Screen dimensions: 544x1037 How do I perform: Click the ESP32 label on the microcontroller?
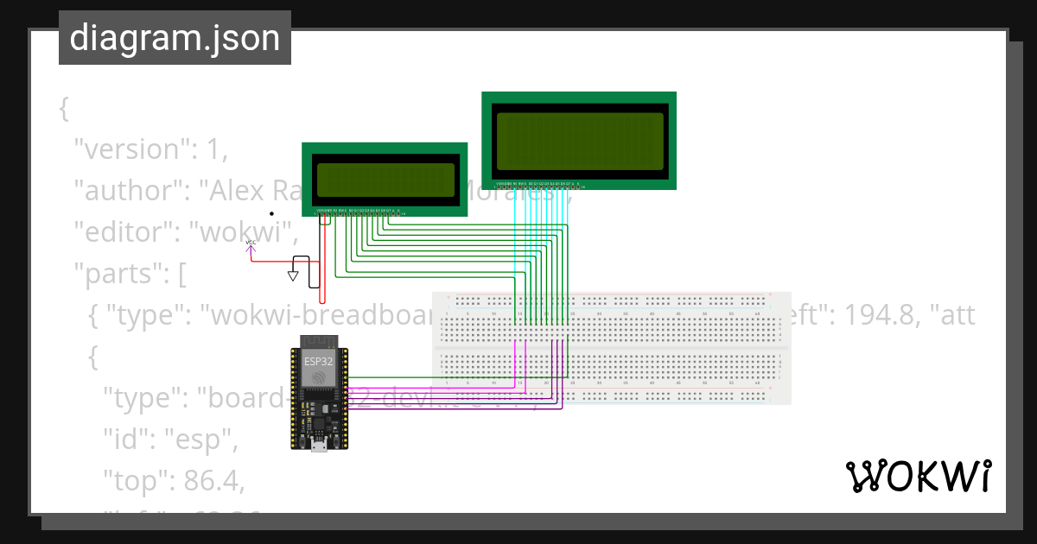pos(317,361)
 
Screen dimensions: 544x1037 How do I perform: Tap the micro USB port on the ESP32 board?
pos(318,444)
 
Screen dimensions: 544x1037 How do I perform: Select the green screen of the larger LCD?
pos(579,141)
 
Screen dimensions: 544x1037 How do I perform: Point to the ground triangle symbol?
pos(293,276)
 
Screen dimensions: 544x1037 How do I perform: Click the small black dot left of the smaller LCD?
pos(271,212)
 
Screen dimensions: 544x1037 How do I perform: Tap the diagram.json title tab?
pos(175,38)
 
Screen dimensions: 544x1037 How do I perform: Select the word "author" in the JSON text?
pos(129,191)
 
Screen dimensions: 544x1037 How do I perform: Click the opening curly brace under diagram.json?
pos(64,109)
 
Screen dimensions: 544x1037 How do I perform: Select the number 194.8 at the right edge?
pos(876,315)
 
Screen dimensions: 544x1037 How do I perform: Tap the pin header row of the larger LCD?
pos(540,185)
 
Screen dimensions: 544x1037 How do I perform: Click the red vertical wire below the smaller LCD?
pos(322,259)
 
